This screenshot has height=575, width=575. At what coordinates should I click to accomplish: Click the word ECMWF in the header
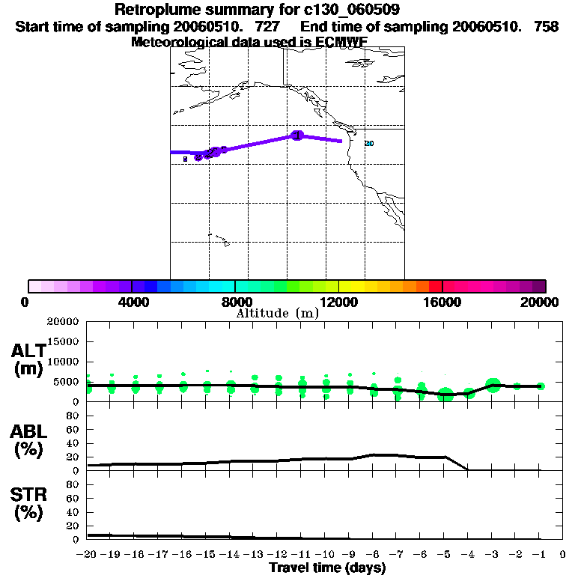coord(344,42)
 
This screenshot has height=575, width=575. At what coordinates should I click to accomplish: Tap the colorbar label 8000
coord(235,302)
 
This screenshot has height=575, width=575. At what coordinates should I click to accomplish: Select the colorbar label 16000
coord(442,302)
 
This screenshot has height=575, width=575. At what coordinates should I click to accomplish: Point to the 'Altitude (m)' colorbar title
coord(277,314)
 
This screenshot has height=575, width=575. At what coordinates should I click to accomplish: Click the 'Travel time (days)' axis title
coord(327,568)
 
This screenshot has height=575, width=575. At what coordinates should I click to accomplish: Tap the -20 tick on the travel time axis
coord(88,555)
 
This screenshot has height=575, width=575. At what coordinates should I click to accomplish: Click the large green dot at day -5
coord(445,395)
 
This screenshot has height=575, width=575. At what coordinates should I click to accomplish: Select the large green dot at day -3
coord(493,385)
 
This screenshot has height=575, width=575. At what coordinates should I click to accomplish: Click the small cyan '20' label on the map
coord(368,143)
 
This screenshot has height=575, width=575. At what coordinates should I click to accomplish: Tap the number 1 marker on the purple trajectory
coord(297,135)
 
